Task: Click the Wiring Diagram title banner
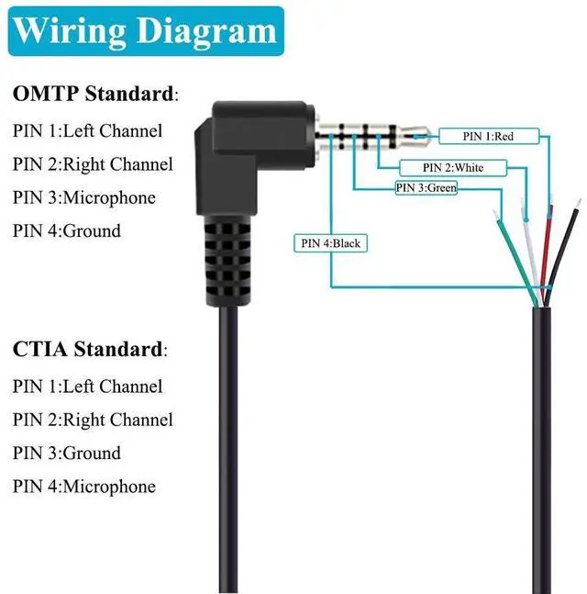pos(146,31)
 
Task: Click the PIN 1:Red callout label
pos(477,136)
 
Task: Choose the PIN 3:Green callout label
pos(426,188)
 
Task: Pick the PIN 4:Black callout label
pos(330,243)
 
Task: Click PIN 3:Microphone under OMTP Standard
pos(84,197)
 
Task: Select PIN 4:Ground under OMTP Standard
pos(67,230)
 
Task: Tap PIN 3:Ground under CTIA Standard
pos(67,453)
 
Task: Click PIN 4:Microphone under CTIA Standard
pos(84,486)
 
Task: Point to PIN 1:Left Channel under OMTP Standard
pos(87,130)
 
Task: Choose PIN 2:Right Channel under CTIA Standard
pos(93,420)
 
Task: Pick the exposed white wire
pos(531,243)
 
